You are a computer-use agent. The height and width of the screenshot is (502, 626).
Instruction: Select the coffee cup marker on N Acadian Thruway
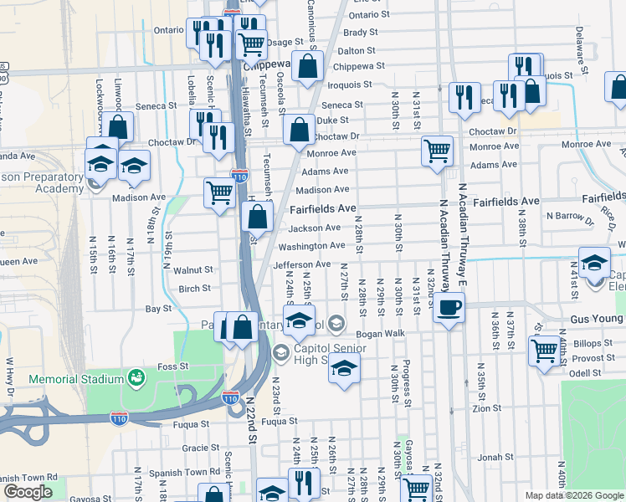(x=449, y=307)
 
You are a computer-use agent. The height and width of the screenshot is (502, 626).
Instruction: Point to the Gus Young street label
(x=598, y=320)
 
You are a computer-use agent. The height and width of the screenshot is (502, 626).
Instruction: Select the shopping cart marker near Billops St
(x=545, y=349)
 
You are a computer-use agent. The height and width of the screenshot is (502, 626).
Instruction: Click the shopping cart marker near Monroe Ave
(x=437, y=151)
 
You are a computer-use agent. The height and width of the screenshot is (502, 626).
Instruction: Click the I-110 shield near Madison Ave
(x=240, y=177)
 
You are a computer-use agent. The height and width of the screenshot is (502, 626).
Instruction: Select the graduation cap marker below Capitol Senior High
(x=344, y=368)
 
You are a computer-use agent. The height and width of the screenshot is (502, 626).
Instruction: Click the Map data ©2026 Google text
(x=574, y=495)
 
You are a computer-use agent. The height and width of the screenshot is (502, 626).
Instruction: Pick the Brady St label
(x=361, y=33)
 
